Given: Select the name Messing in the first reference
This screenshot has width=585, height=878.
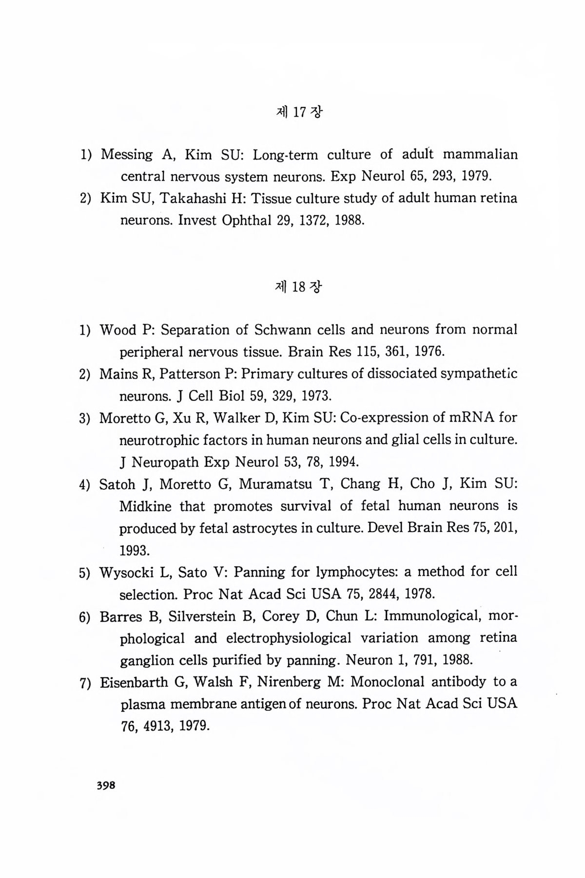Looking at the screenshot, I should (x=127, y=155).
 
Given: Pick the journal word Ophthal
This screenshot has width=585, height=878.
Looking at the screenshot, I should (x=246, y=220).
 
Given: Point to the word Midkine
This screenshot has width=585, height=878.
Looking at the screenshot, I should (x=145, y=506).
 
